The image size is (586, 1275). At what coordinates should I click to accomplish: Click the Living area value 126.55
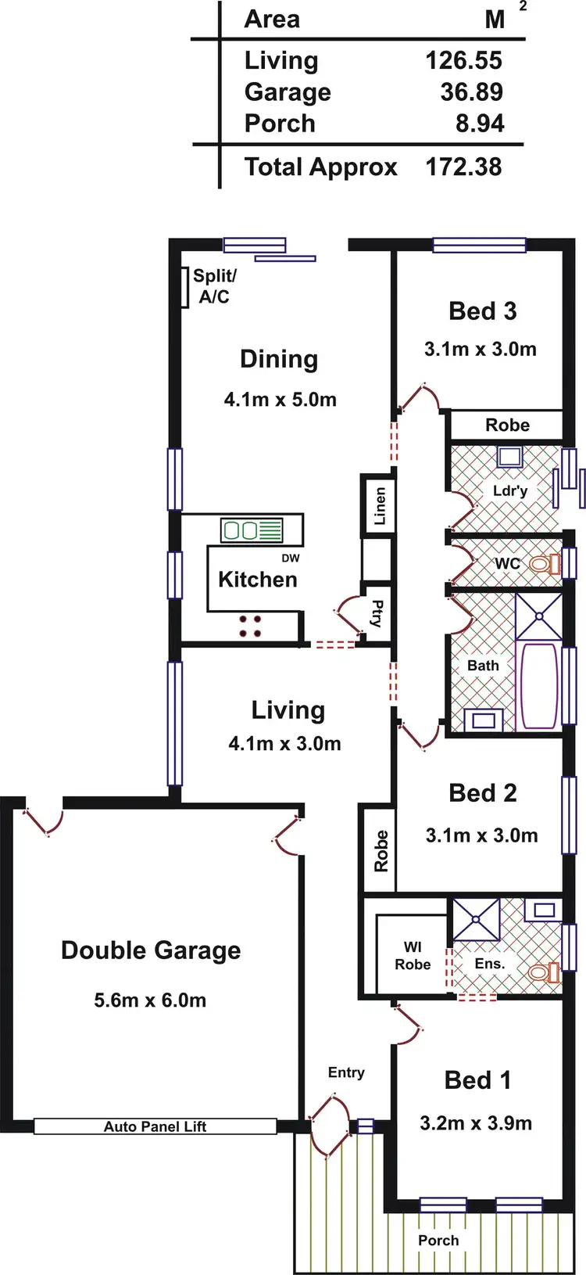coord(463,61)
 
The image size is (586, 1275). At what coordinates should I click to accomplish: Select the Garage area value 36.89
coord(471,92)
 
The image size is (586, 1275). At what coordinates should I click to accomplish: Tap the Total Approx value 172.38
coord(463,167)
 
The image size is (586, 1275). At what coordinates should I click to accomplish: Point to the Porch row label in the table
coord(280,124)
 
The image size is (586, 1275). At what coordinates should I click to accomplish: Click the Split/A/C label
coord(214,286)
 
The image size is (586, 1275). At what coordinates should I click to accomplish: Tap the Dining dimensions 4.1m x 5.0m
coord(280,400)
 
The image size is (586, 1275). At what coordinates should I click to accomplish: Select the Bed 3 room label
coord(482,311)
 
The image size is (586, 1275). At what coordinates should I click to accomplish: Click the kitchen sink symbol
coord(251,530)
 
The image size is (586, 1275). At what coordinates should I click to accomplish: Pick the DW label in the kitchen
coord(290,558)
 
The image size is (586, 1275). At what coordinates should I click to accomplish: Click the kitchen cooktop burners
coord(250,626)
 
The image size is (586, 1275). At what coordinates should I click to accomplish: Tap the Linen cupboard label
coord(380,506)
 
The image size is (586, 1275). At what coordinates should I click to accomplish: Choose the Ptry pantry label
coord(377,614)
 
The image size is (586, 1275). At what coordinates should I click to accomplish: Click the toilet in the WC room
coord(544,563)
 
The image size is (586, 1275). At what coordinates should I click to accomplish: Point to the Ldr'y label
coord(510,490)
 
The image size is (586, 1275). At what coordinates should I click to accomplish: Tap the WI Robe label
coord(413,956)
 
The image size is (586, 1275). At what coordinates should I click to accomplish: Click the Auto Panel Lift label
coord(155,1126)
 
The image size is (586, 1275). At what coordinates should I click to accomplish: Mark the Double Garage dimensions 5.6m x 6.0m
coord(150,1000)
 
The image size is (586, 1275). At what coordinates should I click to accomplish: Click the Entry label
coord(346,1072)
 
